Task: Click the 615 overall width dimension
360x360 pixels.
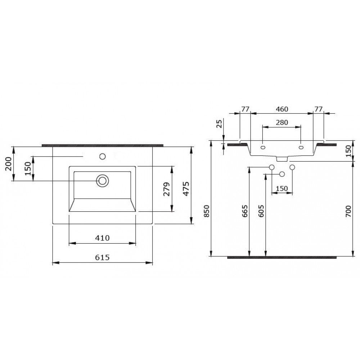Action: [x=102, y=257]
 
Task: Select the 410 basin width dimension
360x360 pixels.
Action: [x=102, y=238]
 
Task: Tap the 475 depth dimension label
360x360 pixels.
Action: [x=186, y=189]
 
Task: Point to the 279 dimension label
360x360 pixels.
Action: [x=166, y=189]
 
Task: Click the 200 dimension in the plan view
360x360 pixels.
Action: [x=9, y=164]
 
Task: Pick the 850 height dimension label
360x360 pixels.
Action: [x=207, y=211]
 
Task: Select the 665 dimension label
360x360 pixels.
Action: [x=245, y=211]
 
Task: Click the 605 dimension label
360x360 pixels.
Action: [x=261, y=211]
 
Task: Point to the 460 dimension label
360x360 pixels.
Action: [x=282, y=109]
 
